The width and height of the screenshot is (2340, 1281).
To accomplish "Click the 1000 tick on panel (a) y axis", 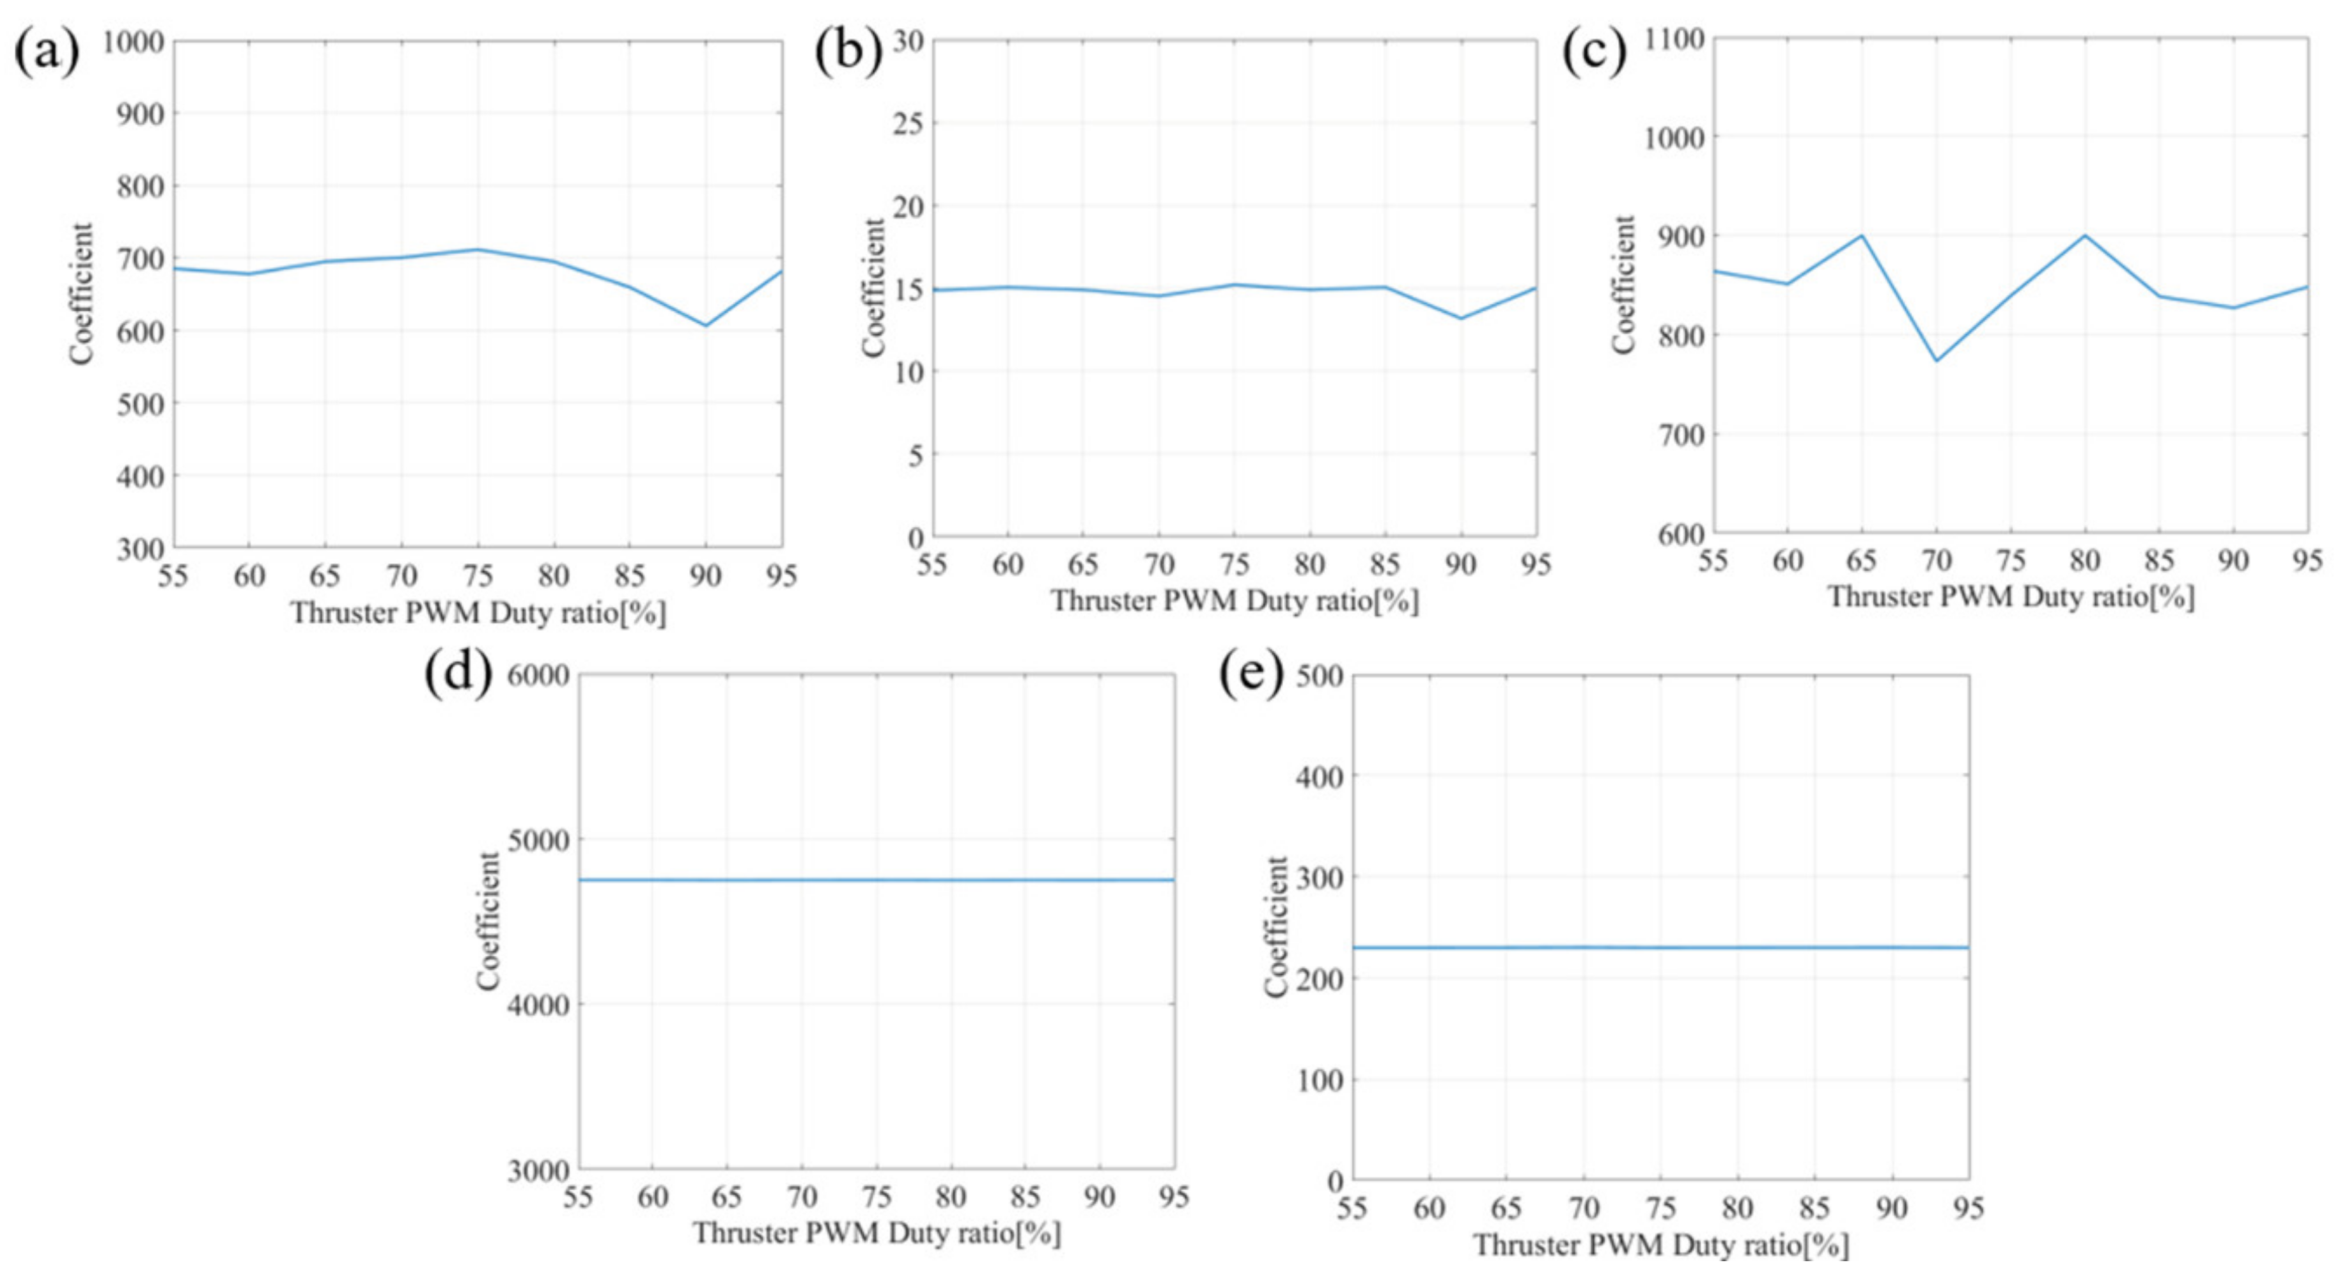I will click(x=134, y=42).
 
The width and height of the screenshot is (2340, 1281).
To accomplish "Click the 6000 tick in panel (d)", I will click(x=538, y=675).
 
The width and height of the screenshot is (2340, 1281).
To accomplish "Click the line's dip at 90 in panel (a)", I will click(x=705, y=325).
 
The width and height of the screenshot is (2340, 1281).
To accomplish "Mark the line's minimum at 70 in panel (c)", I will click(x=1936, y=361).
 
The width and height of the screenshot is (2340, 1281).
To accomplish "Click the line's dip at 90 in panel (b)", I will click(x=1461, y=318).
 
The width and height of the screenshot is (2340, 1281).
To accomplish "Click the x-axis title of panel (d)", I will click(x=877, y=1233).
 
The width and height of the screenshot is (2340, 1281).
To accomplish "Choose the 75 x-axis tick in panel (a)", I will click(x=478, y=576).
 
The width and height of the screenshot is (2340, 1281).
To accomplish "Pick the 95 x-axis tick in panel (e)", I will click(x=1969, y=1208).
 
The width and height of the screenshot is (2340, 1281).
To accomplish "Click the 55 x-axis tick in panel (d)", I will click(x=578, y=1197).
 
